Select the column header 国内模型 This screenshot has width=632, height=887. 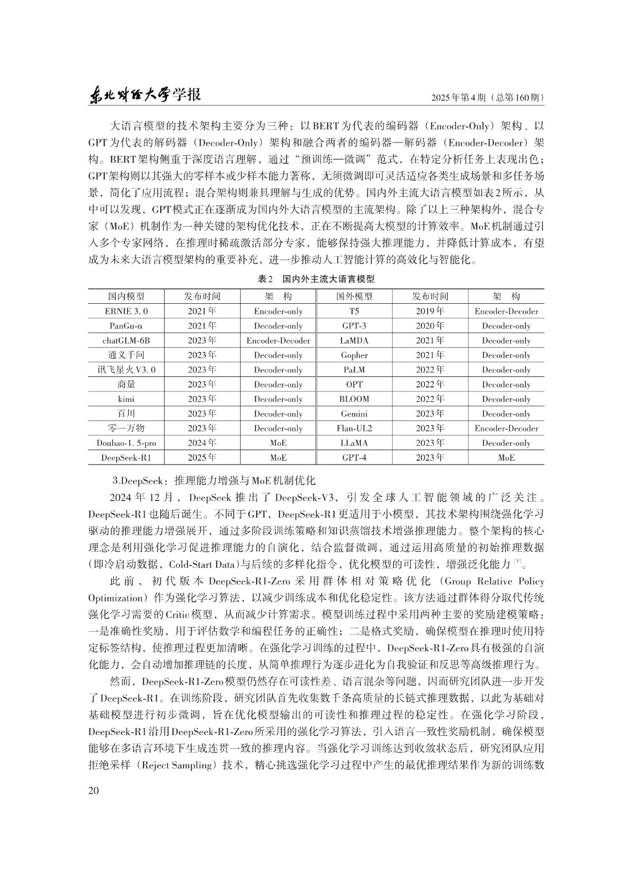(x=126, y=297)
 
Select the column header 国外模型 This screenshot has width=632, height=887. (x=354, y=297)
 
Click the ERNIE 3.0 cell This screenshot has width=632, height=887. (x=126, y=312)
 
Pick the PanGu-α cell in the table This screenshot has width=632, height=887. (x=126, y=326)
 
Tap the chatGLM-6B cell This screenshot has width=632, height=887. (x=126, y=340)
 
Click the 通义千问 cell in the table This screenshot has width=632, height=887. (x=126, y=355)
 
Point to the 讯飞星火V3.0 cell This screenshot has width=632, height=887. (x=126, y=370)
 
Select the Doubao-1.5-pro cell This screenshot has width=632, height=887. (x=126, y=443)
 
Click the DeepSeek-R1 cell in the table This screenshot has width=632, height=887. (x=126, y=457)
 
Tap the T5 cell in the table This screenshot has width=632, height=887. (x=354, y=312)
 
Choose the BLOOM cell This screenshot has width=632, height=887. (x=354, y=399)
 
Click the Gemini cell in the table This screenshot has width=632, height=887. (x=354, y=414)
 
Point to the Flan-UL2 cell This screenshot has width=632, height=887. (x=354, y=429)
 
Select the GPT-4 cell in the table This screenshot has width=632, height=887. (x=354, y=457)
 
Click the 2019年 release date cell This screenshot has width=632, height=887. (x=430, y=312)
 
